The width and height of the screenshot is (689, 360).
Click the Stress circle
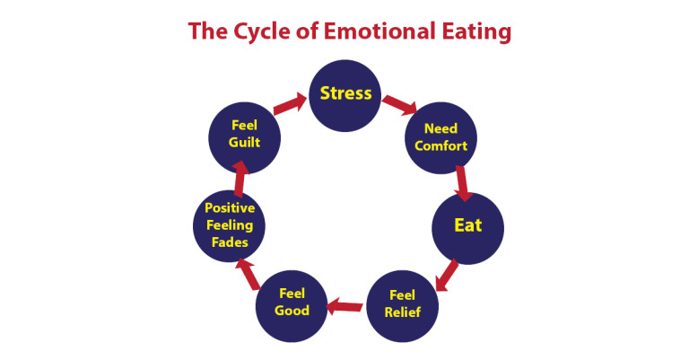tap(345, 94)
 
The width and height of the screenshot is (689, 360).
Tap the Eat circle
tap(467, 226)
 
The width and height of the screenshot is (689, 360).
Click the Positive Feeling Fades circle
tap(230, 227)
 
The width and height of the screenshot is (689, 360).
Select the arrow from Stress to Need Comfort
tap(400, 105)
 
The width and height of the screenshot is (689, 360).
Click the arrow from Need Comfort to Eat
tap(462, 182)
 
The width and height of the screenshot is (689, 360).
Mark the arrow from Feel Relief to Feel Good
tap(345, 308)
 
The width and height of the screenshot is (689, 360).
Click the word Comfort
tap(440, 145)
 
